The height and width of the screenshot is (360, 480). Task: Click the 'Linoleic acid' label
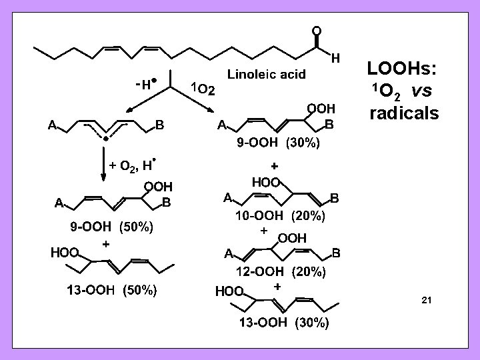(x=267, y=75)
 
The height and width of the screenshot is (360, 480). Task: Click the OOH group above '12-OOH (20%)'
(x=291, y=238)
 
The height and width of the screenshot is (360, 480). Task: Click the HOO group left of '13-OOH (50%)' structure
(x=65, y=253)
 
